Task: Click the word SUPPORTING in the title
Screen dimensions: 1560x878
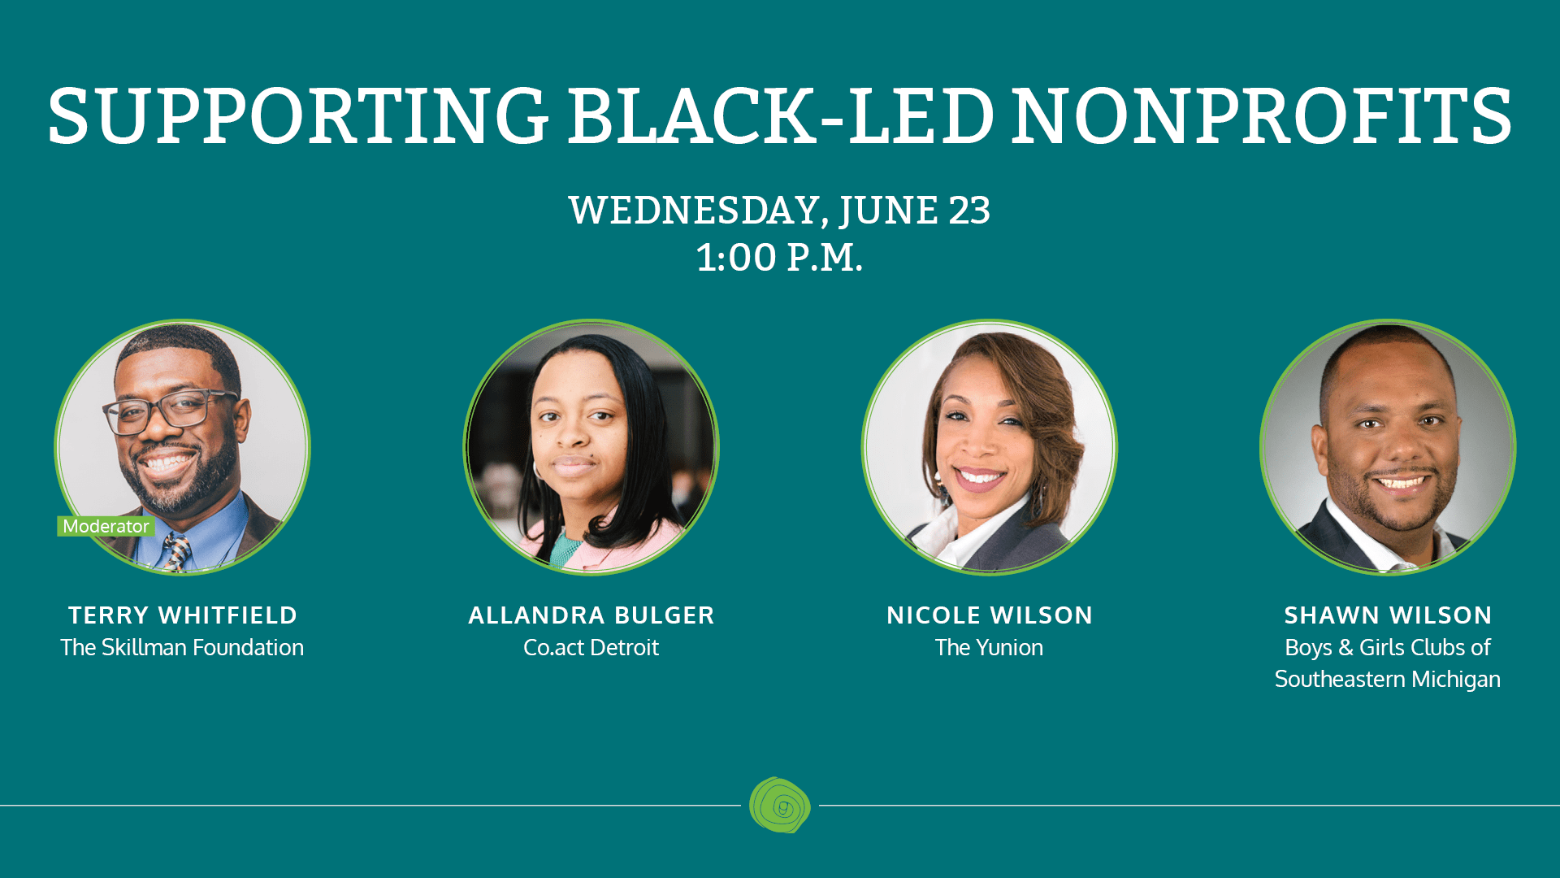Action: [x=298, y=116]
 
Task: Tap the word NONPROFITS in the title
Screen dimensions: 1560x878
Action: [x=1261, y=116]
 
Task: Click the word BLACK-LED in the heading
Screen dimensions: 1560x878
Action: [x=780, y=116]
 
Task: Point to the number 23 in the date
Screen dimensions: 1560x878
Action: [x=969, y=211]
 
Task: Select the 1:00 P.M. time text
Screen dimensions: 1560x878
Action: [x=779, y=258]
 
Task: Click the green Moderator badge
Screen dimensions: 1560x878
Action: [x=106, y=526]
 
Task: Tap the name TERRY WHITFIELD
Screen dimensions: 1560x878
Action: [x=183, y=615]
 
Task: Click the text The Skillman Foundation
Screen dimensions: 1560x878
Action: [x=182, y=647]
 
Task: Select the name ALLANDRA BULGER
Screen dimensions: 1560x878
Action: [x=591, y=615]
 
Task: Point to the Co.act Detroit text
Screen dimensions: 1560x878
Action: [x=591, y=647]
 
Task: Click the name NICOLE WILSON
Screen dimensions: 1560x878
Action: [x=990, y=615]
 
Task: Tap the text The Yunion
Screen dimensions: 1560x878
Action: [x=989, y=647]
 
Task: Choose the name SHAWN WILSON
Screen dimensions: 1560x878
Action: [x=1388, y=615]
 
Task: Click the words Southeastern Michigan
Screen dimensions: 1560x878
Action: [x=1388, y=679]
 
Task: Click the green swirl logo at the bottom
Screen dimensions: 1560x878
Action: [x=780, y=805]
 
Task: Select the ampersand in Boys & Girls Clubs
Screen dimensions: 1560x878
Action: [x=1345, y=647]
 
